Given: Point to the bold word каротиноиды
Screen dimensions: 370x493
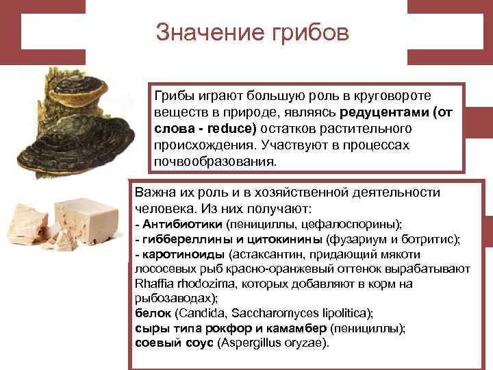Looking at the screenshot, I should tap(177, 254).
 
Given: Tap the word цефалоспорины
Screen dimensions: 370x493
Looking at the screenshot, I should tap(349, 225).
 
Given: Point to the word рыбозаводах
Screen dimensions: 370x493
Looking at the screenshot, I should tap(174, 298).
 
